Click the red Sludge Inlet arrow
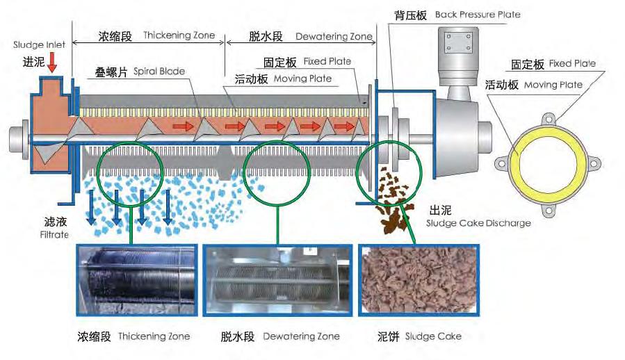[53, 64]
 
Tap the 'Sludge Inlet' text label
[40, 45]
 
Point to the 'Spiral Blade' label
[135, 72]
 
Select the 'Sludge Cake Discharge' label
[478, 223]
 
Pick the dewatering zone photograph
[277, 280]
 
